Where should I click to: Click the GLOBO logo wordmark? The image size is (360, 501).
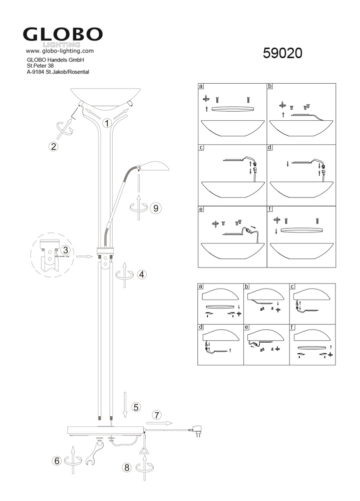(x=63, y=34)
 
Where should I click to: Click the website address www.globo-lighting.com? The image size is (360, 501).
(x=60, y=51)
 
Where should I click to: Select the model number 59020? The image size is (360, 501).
(x=282, y=54)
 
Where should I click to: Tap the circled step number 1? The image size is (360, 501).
(x=107, y=123)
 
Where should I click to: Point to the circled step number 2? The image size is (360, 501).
(x=54, y=146)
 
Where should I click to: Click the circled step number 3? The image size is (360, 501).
(x=66, y=250)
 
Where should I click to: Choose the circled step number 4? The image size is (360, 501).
(x=142, y=274)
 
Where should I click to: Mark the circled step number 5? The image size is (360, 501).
(x=136, y=407)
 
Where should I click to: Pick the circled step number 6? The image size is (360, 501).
(x=57, y=461)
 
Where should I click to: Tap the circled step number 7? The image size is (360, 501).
(x=157, y=415)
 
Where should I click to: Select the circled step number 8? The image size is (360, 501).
(x=127, y=467)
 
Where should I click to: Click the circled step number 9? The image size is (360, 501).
(x=156, y=208)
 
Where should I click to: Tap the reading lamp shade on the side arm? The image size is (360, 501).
(x=155, y=166)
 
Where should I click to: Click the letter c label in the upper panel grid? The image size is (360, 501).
(x=201, y=148)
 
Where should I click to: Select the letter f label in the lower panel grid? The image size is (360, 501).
(x=292, y=327)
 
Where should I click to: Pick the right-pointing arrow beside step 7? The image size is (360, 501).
(x=159, y=423)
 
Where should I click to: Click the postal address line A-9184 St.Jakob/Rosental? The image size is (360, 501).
(x=58, y=72)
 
